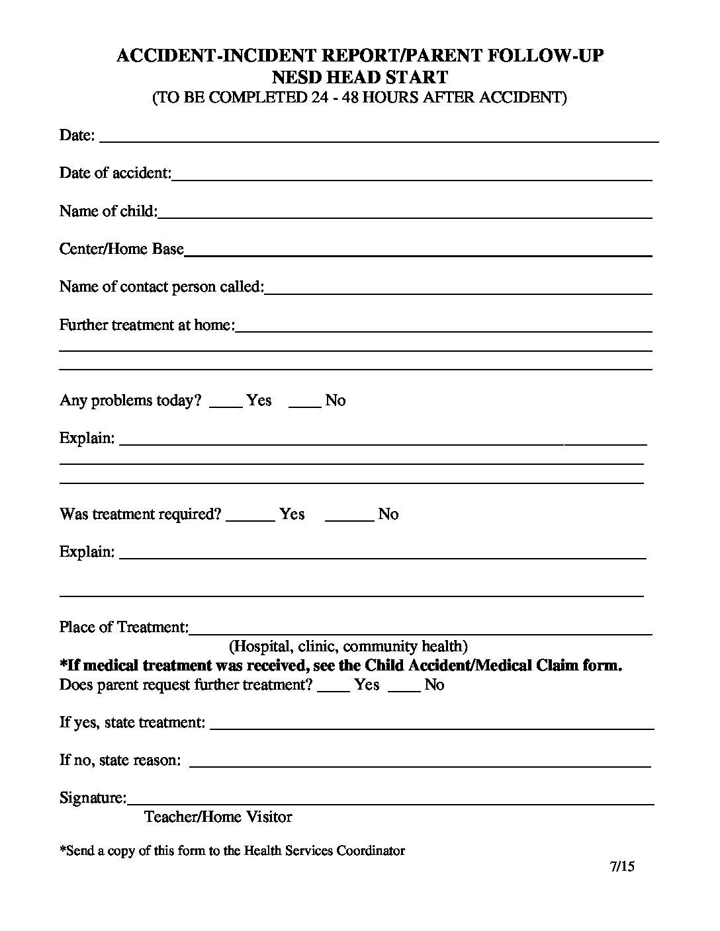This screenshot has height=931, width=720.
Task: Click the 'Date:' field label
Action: click(x=77, y=136)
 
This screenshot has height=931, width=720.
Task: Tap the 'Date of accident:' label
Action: click(x=115, y=173)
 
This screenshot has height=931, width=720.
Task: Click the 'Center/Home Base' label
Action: click(x=121, y=249)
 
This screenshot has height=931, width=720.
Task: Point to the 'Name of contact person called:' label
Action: click(x=161, y=287)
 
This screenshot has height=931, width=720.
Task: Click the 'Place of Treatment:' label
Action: click(x=124, y=627)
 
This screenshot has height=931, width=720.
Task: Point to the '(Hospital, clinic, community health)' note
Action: click(x=348, y=646)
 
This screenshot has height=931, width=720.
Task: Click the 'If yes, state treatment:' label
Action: click(x=132, y=722)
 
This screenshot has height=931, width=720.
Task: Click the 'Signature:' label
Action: click(x=93, y=798)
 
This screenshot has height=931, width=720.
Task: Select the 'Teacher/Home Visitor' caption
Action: click(x=218, y=817)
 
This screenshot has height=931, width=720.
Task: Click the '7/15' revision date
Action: click(x=622, y=867)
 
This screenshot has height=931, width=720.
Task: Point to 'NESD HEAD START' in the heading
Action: click(x=360, y=77)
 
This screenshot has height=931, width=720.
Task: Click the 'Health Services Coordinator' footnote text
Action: click(x=324, y=851)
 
